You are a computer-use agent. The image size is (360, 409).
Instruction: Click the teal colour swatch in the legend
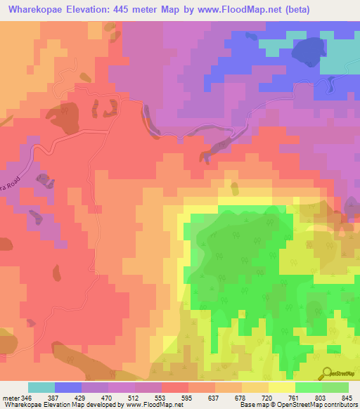41,387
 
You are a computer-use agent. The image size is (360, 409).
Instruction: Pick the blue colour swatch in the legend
68,387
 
